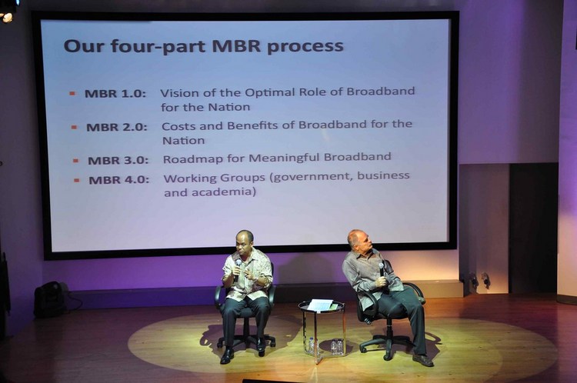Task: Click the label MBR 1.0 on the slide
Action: click(x=115, y=94)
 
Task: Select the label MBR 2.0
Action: click(x=117, y=128)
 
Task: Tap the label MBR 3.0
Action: click(x=118, y=161)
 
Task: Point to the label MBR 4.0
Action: click(x=118, y=180)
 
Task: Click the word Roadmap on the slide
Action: click(x=193, y=159)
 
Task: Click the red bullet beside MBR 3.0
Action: click(x=76, y=161)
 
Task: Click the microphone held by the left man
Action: click(x=238, y=268)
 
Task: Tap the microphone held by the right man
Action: click(x=382, y=269)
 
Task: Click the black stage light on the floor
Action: click(x=51, y=298)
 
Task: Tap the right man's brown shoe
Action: click(x=423, y=361)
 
